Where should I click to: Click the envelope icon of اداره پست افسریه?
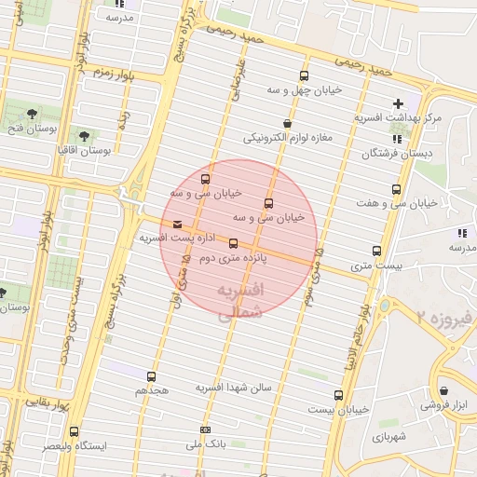point(177,224)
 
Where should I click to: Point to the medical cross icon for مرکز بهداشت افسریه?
point(399,103)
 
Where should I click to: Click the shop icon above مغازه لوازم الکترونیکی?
point(287,123)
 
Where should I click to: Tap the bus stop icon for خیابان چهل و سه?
point(303,76)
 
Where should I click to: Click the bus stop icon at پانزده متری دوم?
point(233,244)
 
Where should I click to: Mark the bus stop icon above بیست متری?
point(376,251)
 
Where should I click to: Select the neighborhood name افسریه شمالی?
point(240,303)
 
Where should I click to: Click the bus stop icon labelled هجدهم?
point(151,377)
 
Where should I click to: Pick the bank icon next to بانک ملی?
point(205,429)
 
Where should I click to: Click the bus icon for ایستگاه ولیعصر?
point(74,430)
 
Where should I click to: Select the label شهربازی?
point(376,436)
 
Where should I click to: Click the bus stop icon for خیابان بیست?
point(337,394)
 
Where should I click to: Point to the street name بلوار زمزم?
point(103,75)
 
